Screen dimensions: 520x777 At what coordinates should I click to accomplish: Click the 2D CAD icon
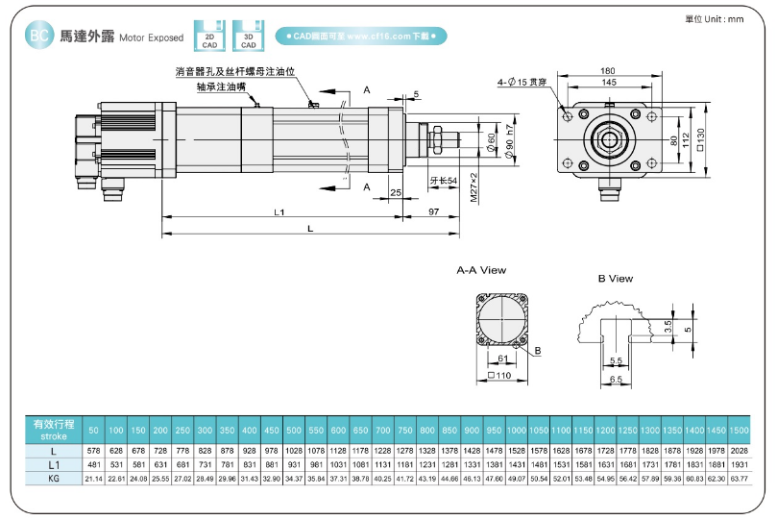[x=208, y=36]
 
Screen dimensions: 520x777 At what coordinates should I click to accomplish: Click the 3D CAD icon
[x=248, y=36]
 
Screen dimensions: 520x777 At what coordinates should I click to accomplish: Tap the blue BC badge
[x=39, y=37]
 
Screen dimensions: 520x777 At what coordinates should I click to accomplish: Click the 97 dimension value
[x=434, y=210]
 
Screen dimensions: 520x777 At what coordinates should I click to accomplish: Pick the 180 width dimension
[x=608, y=71]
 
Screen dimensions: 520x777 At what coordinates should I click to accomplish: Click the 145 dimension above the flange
[x=609, y=83]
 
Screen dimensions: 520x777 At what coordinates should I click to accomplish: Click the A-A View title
[x=481, y=270]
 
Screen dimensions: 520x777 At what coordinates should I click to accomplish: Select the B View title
[x=615, y=279]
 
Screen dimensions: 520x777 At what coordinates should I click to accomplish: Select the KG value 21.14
[x=94, y=478]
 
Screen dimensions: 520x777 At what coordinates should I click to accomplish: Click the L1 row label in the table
[x=54, y=464]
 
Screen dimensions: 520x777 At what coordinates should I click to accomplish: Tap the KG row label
[x=54, y=478]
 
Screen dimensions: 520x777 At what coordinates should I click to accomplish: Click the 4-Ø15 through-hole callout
[x=522, y=83]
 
